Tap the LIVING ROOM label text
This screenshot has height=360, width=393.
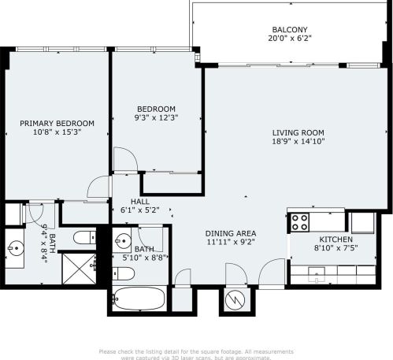point(298,132)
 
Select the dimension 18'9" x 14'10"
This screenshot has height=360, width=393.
point(298,142)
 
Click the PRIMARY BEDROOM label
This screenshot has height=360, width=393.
point(57,123)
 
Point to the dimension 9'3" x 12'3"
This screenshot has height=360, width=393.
point(156,118)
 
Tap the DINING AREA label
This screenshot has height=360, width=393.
point(230,233)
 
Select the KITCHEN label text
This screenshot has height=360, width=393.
point(336,239)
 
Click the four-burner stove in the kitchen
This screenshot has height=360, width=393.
point(300,222)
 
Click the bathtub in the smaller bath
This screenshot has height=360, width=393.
point(139,299)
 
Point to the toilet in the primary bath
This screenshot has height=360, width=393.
point(82,237)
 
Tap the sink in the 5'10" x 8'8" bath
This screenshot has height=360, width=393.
point(122,240)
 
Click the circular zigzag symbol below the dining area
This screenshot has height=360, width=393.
point(235,299)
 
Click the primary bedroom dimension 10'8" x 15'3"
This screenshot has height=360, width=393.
point(57,132)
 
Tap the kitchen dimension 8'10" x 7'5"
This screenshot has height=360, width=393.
point(336,249)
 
